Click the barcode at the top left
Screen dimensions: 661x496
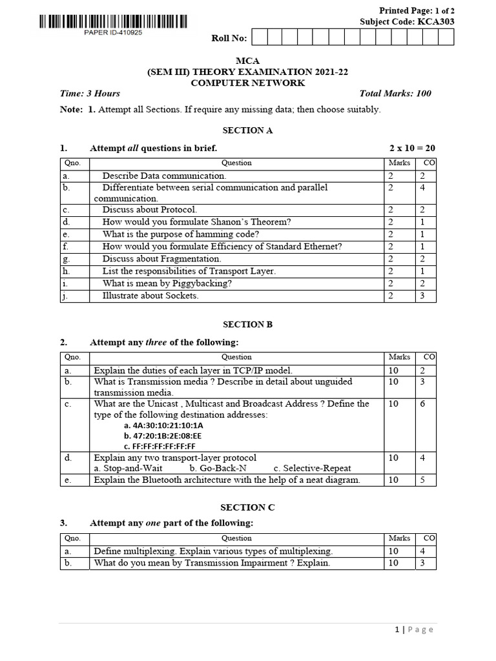[114, 22]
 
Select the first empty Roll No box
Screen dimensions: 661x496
[258, 37]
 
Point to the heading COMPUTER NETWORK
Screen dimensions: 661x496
[248, 83]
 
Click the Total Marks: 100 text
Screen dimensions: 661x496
[395, 94]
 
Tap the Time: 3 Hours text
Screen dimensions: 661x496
[90, 94]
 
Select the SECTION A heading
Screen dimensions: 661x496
[248, 130]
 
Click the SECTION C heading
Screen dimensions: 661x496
[248, 507]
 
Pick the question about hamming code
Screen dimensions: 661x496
[181, 234]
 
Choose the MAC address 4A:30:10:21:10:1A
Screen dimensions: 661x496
[163, 426]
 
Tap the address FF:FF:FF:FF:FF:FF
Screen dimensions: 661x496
[160, 446]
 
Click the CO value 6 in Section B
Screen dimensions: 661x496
[429, 403]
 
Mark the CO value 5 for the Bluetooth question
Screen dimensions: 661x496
[429, 480]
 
